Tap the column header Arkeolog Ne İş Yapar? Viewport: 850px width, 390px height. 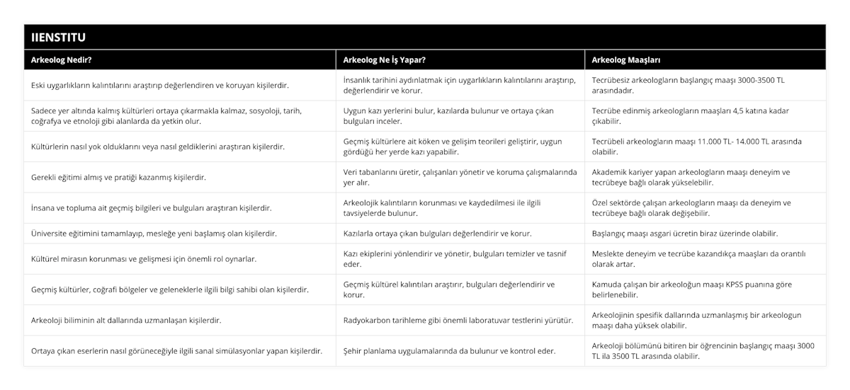click(x=383, y=60)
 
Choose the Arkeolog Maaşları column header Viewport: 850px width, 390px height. click(x=627, y=60)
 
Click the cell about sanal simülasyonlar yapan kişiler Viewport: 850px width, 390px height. click(x=177, y=350)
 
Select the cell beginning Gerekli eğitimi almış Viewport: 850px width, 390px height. click(x=118, y=177)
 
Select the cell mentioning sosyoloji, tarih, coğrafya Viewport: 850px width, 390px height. click(x=177, y=115)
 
